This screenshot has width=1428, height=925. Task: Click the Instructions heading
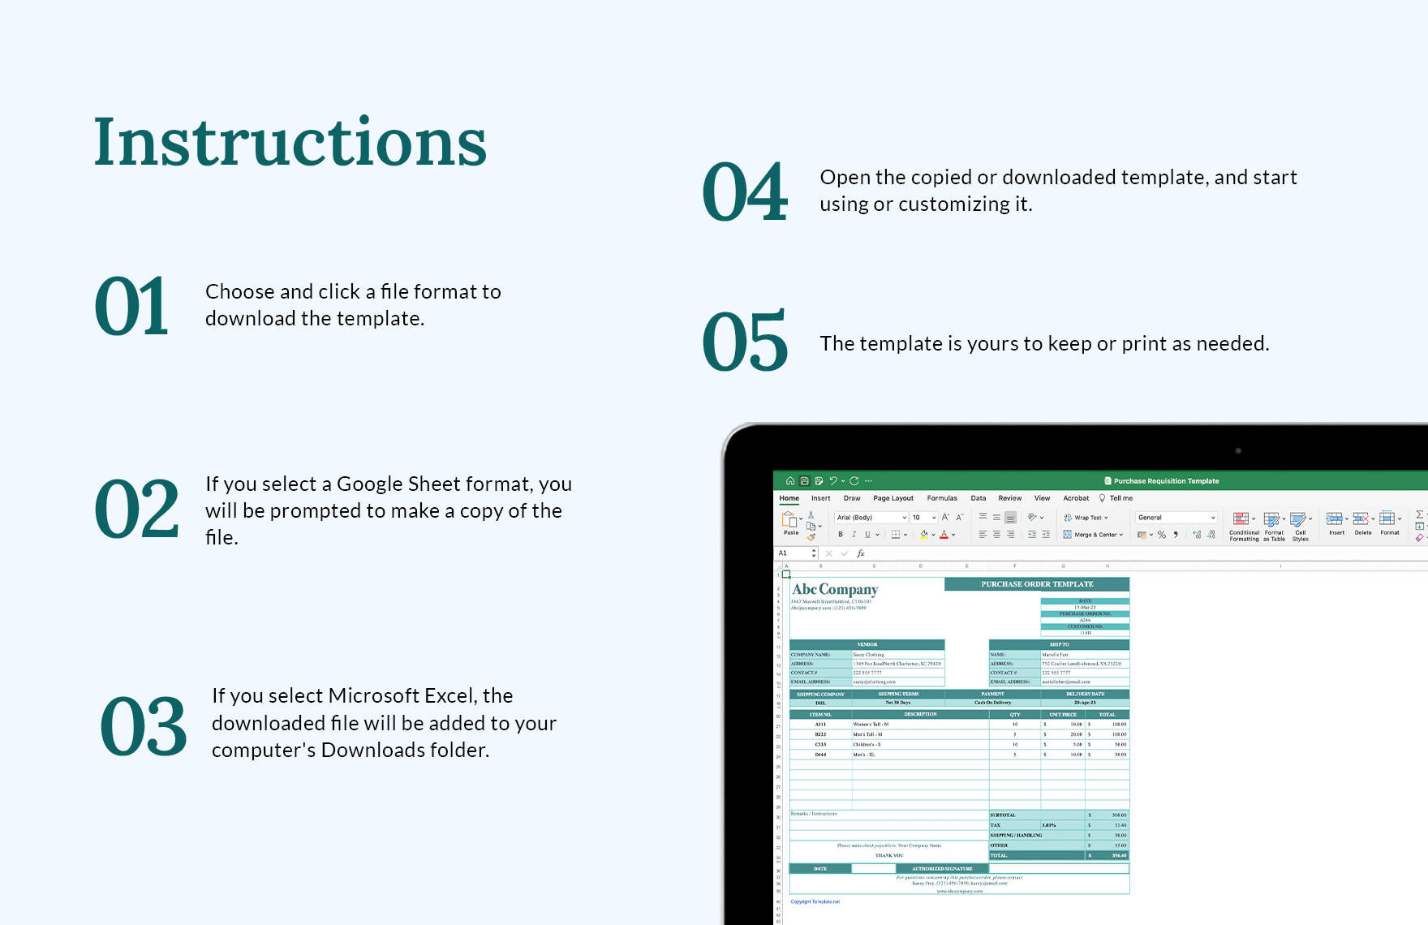290,143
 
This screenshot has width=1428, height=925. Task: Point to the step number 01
131,306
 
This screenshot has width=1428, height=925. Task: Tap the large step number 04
745,192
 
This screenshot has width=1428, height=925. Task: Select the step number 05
745,342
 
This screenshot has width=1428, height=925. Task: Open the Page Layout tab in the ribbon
892,498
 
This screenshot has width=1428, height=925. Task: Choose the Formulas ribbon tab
942,498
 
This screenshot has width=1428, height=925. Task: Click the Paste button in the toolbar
790,523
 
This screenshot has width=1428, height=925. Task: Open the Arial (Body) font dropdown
871,518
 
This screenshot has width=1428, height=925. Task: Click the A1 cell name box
793,553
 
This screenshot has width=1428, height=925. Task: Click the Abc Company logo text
835,590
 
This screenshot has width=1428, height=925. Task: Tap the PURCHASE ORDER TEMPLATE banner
1037,584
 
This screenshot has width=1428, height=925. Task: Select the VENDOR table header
867,645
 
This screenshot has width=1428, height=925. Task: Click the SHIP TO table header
1059,645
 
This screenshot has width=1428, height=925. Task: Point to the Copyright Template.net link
815,901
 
